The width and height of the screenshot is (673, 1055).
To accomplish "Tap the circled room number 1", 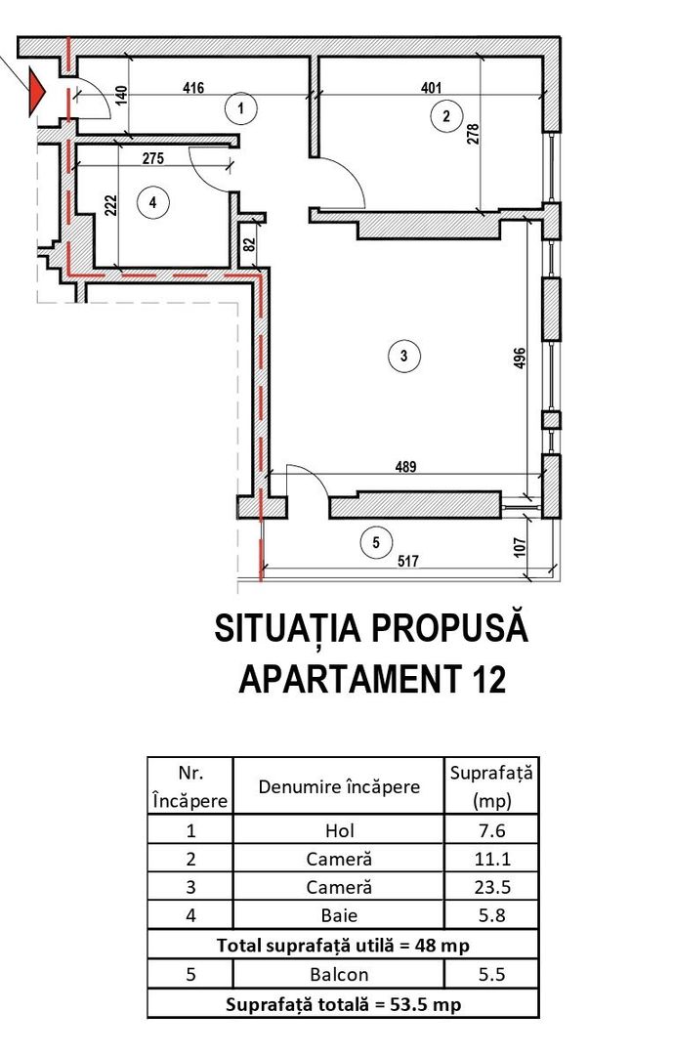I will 240,107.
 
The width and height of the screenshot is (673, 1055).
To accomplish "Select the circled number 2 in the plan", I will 446,116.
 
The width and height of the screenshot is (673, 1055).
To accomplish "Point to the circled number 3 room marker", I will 403,356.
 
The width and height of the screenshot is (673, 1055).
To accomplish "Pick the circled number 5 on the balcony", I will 376,542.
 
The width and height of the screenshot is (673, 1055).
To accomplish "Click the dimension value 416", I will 193,88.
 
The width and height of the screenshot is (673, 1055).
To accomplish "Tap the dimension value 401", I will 431,88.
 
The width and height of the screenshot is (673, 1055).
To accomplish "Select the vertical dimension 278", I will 473,133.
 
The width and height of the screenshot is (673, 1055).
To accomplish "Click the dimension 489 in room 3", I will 405,467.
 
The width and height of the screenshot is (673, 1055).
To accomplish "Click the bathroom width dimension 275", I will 152,158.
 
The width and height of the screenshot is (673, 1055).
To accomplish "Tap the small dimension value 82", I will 249,245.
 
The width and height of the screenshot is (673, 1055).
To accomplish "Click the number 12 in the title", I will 484,678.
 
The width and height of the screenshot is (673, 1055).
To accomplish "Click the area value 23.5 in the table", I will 491,888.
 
